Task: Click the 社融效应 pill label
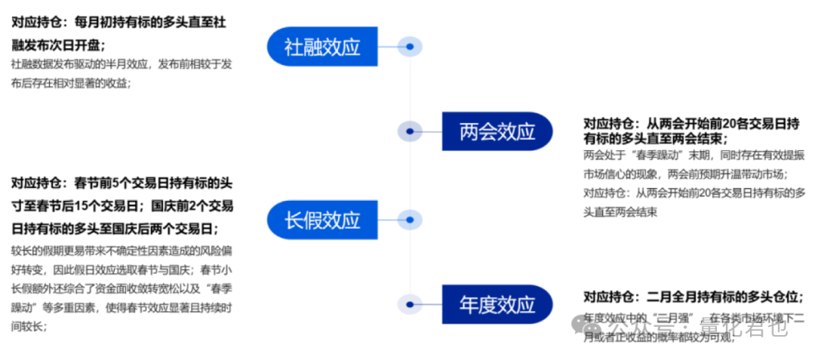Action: point(322,47)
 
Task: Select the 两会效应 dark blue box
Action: point(497,131)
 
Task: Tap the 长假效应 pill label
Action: point(322,220)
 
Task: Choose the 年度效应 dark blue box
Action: point(497,304)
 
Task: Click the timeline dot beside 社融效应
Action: point(409,47)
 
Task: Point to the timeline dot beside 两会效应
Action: point(410,131)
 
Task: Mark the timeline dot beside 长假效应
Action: point(409,220)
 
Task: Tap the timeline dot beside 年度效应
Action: point(410,304)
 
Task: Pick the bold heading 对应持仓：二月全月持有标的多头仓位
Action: point(693,297)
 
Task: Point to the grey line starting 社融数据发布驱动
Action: point(121,65)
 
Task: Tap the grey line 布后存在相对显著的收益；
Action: point(72,84)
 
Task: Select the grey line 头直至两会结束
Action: point(620,212)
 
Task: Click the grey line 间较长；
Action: point(29,327)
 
